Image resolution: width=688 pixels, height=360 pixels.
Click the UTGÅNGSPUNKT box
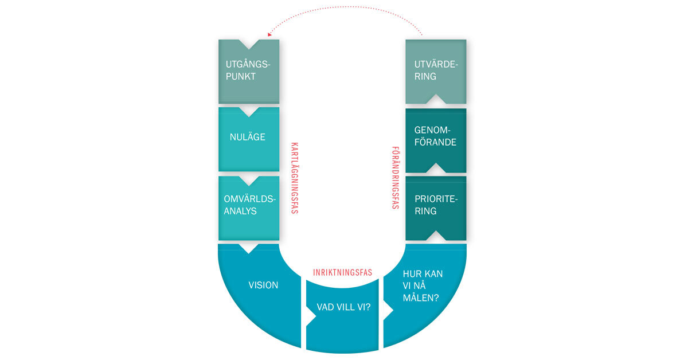pos(249,72)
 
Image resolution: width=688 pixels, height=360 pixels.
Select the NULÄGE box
pos(249,139)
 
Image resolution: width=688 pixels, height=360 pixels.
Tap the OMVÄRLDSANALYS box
pos(249,208)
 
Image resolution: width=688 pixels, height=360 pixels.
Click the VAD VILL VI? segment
pos(342,316)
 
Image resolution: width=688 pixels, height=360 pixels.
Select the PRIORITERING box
pos(436,208)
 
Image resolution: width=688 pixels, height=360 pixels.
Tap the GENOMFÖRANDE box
pos(436,140)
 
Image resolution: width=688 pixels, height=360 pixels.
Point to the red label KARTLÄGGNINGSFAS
pos(295,178)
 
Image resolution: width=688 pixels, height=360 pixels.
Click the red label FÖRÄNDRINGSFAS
pos(396,178)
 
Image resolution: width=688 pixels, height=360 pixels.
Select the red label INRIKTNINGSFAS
pos(342,272)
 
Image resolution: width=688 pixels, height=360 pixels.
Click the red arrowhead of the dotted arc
pos(269,34)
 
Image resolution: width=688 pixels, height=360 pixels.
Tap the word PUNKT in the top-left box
pos(240,76)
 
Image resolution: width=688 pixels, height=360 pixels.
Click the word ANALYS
pos(240,211)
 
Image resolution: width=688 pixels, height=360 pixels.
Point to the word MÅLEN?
pos(421,298)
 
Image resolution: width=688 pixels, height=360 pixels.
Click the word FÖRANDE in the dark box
pos(435,142)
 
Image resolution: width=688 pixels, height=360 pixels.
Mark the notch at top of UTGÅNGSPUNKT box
pos(249,44)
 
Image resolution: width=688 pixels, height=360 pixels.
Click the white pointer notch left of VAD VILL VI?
pos(311,315)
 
